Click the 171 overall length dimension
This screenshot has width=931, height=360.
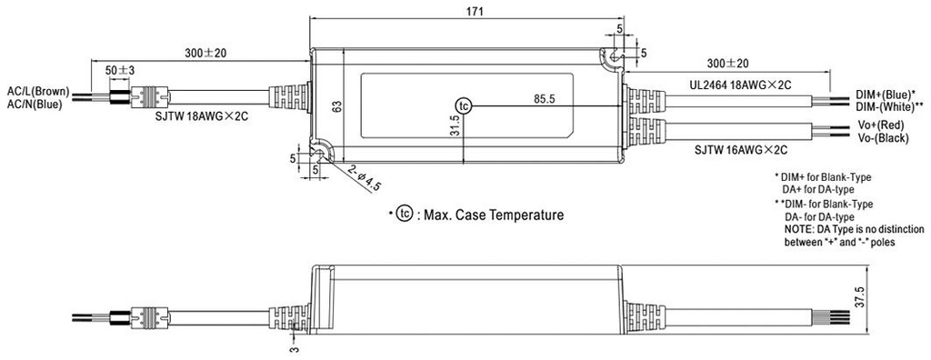(466, 11)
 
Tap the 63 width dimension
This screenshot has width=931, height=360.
(336, 107)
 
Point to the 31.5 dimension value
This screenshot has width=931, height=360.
(455, 125)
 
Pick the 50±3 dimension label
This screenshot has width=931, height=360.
(120, 70)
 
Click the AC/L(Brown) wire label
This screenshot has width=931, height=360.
(38, 92)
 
